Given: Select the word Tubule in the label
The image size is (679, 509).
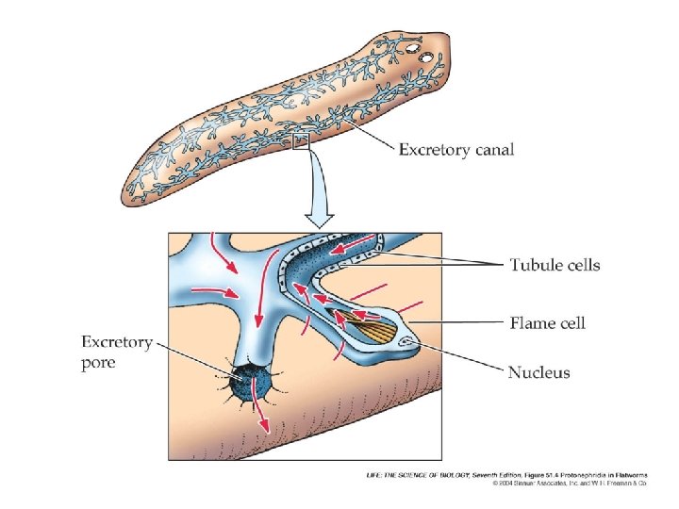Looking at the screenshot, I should coord(535,265).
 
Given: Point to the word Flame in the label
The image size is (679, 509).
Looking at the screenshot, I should coord(533,323).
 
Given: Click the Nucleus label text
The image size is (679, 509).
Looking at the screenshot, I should coord(539,372).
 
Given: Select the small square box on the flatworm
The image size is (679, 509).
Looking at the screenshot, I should coord(301,141).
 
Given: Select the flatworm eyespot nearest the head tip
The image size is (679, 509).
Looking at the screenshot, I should coord(427,57).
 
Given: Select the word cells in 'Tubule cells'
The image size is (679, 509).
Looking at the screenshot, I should coord(581,265).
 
